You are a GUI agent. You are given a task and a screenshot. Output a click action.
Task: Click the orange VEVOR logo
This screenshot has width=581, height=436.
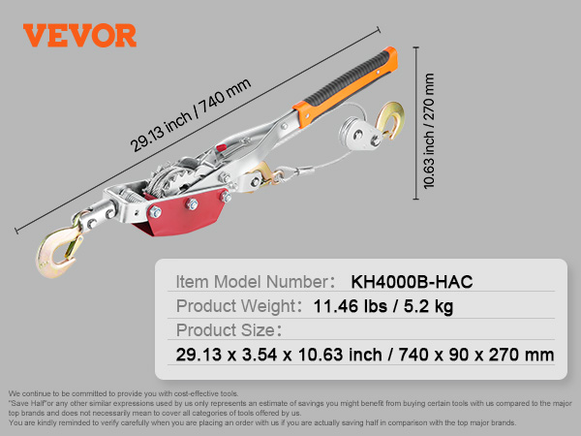pos(79,35)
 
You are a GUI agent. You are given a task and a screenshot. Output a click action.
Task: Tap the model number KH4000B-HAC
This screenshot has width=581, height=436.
pos(412,282)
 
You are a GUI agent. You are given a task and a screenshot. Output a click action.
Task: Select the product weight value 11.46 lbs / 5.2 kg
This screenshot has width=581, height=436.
pos(383,306)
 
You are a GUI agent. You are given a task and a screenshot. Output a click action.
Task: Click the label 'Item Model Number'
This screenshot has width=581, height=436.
pos(252,282)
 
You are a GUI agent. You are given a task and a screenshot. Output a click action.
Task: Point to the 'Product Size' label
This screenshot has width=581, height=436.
pos(226,330)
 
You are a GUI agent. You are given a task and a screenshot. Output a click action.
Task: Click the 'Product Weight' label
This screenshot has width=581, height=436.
pos(235,306)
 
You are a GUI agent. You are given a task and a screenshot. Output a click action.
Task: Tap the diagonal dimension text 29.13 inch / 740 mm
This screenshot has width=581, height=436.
pos(191,115)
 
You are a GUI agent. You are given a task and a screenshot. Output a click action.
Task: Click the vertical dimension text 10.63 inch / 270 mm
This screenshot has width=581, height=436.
pos(428,131)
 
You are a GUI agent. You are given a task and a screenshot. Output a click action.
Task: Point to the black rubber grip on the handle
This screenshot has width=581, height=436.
pos(349,78)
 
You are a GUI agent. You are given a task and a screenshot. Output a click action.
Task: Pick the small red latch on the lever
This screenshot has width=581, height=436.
pos(221,148)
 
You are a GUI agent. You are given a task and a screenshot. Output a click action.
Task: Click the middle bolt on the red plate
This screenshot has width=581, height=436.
pos(192,203)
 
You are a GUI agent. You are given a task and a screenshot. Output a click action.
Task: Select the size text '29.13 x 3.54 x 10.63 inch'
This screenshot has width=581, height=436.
pos(279,355)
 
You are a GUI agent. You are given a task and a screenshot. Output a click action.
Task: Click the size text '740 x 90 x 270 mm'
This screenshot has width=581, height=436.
pos(476,355)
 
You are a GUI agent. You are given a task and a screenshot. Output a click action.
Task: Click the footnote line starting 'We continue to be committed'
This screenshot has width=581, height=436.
pos(123,393)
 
